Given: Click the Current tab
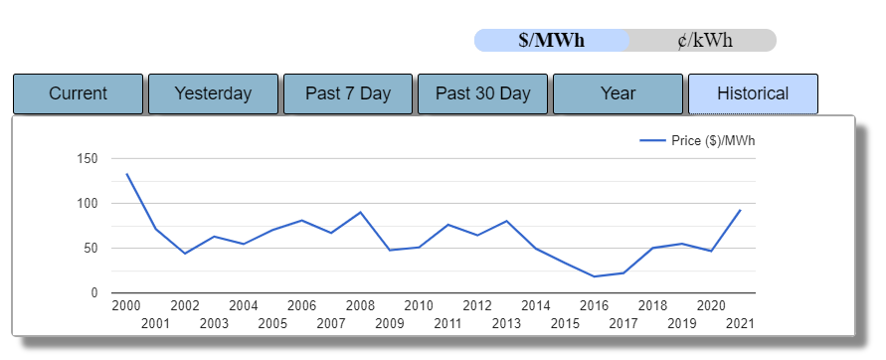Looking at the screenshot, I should tap(78, 93).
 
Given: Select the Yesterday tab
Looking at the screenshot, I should tap(213, 93).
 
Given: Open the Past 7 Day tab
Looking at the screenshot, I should tap(348, 93).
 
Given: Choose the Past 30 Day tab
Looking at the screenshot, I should tap(483, 93).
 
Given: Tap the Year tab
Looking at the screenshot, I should tap(618, 93).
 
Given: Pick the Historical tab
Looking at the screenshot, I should tap(753, 93).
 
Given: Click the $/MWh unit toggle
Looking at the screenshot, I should tap(551, 41).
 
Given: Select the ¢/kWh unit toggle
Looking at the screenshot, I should tap(702, 41).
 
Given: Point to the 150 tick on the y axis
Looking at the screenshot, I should tap(88, 159).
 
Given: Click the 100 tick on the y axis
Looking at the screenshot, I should tap(88, 204).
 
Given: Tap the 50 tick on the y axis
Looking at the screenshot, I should tap(90, 249).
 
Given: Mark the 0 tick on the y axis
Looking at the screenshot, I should tap(94, 293).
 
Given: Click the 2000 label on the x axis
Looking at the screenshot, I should tap(126, 305).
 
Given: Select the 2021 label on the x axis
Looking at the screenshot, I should tap(740, 323).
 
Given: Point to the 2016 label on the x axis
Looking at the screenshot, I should tap(594, 305).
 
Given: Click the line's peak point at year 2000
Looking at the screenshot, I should tap(126, 174).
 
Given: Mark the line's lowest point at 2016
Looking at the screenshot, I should tap(594, 276).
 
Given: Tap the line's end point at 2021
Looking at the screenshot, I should tap(740, 210).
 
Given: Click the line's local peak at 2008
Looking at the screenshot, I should tap(360, 212).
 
